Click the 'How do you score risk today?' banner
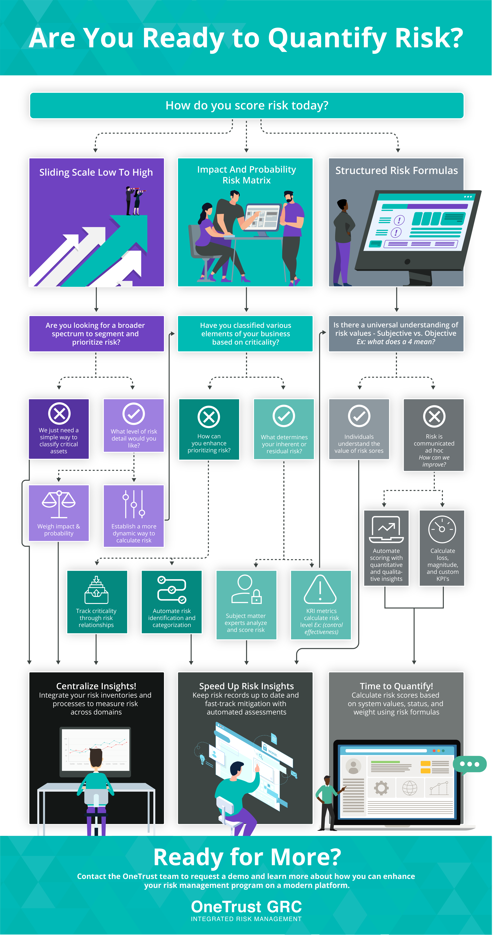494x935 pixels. (x=247, y=105)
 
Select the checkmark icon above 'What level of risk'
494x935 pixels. (x=134, y=413)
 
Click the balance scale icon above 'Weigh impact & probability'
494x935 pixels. (x=59, y=504)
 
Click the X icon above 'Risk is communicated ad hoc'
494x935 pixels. (x=434, y=416)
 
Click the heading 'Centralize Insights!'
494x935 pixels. (x=96, y=686)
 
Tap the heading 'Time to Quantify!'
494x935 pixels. (x=396, y=686)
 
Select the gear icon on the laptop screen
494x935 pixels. (x=381, y=788)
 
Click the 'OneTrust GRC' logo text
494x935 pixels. (x=246, y=907)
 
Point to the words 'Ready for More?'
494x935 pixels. (x=247, y=857)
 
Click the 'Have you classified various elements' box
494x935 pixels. (x=245, y=334)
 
